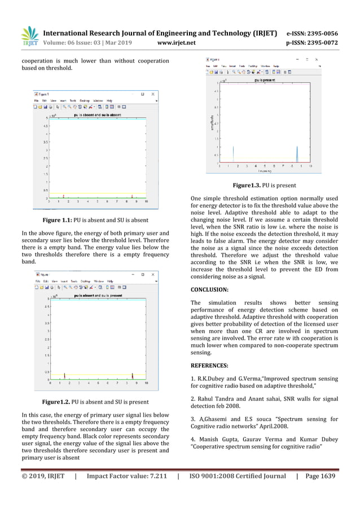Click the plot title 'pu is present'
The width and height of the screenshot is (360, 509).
[265, 81]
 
